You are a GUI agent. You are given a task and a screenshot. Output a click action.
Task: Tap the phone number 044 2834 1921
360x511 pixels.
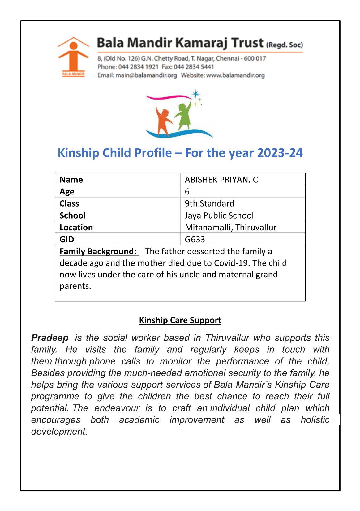138,67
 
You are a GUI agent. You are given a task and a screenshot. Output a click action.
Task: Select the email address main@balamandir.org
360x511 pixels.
146,75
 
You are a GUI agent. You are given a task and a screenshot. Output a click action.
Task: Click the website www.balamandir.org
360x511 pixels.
235,75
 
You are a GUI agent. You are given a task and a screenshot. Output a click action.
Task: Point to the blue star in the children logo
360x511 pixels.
195,94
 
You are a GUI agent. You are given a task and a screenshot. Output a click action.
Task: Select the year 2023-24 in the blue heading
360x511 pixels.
280,153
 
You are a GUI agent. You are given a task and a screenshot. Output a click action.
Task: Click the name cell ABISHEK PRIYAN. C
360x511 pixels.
221,180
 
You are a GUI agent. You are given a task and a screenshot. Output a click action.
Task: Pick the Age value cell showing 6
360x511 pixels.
187,192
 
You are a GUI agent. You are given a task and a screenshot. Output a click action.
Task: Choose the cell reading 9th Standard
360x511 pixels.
209,203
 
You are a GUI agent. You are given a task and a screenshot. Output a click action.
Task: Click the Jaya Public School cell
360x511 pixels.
219,215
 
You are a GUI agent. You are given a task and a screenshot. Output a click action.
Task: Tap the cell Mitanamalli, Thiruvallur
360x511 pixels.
230,228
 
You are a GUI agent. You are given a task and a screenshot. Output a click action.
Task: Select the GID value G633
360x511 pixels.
195,240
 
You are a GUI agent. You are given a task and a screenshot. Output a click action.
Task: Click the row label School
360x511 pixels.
72,215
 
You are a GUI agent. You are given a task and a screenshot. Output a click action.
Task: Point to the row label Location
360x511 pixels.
76,228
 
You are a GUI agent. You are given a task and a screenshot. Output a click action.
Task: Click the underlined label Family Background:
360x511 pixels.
98,251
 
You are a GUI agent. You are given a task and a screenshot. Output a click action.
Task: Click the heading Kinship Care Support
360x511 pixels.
180,320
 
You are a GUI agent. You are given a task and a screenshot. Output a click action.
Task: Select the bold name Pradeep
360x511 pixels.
50,338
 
